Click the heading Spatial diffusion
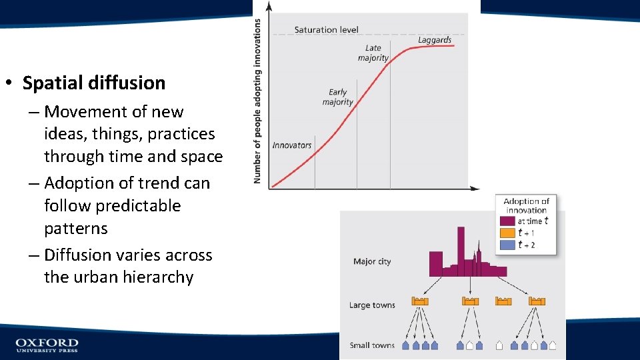[93, 83]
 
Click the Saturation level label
[326, 29]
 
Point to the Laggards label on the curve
[434, 40]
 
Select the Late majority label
[373, 53]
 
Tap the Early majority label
[338, 97]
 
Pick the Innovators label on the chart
[292, 145]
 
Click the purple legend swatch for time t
[507, 221]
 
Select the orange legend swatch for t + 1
[507, 233]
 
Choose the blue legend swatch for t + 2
[507, 245]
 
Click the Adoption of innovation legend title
[526, 205]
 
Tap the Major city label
[372, 261]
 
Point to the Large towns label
[372, 305]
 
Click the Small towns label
[372, 345]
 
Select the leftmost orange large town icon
[420, 301]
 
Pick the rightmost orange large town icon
[537, 301]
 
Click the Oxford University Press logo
[47, 345]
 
